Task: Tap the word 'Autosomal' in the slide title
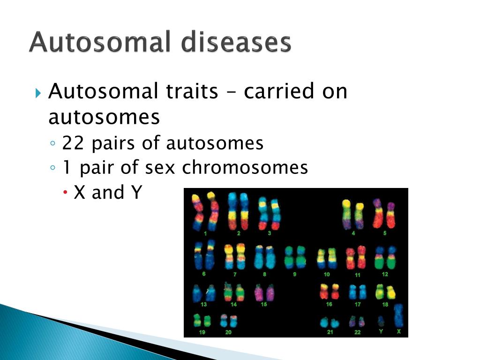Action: tap(100, 42)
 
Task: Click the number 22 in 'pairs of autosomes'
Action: tap(73, 143)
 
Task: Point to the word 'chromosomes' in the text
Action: tap(245, 167)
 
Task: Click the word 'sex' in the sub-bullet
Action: tap(160, 168)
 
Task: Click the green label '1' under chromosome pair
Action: tap(205, 233)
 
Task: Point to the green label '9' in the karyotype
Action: tap(294, 274)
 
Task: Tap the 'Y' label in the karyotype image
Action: tap(381, 331)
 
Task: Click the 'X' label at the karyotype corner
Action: tap(398, 331)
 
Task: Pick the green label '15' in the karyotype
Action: tap(263, 304)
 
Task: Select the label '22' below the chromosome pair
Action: tap(357, 332)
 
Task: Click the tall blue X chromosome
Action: tap(398, 315)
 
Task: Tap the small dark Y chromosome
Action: tap(381, 321)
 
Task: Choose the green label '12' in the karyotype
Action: tap(385, 274)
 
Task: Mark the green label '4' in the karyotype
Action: tap(353, 233)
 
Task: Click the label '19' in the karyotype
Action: tap(202, 332)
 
